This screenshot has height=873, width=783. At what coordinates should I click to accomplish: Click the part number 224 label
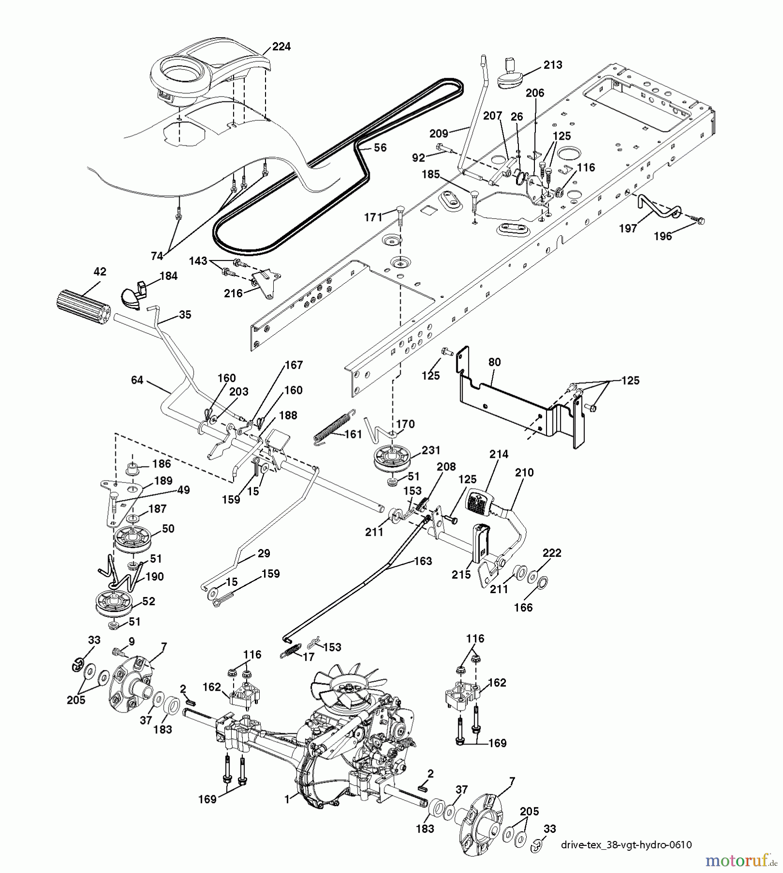click(x=281, y=47)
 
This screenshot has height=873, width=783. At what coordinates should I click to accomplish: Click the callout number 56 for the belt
click(x=380, y=147)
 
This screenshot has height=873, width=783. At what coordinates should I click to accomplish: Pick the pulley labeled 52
click(x=114, y=603)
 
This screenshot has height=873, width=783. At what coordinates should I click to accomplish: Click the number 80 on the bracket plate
click(x=494, y=362)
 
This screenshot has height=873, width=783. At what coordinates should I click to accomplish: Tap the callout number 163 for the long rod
click(x=423, y=561)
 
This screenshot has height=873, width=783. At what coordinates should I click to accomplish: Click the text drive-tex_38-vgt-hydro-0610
click(x=626, y=845)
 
